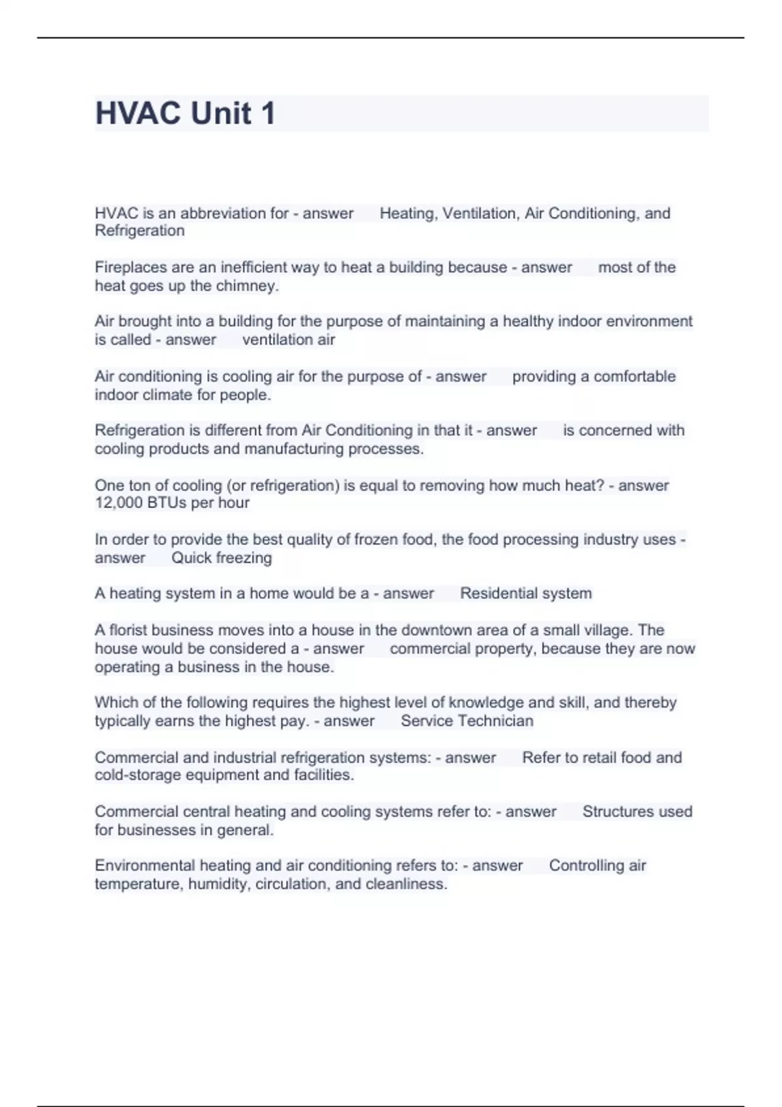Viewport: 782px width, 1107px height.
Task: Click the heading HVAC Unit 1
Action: coord(185,113)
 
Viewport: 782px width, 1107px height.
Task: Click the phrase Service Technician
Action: coord(467,721)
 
